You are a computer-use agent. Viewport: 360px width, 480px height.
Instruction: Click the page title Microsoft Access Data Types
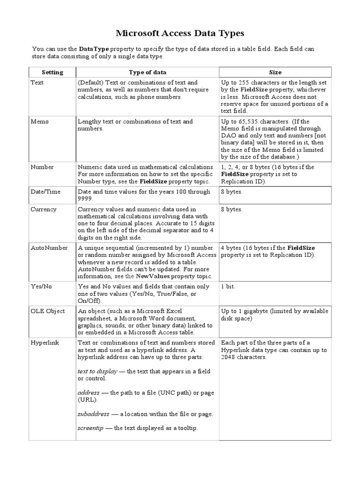click(180, 34)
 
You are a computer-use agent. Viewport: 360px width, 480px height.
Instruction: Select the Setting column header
click(52, 72)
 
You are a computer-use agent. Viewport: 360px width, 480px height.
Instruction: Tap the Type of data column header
click(147, 72)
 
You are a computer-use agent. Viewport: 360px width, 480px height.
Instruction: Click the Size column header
click(275, 72)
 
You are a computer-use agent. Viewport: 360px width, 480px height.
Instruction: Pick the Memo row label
click(39, 121)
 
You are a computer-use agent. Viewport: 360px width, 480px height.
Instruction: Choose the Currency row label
click(43, 210)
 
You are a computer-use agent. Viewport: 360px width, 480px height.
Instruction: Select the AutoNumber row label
click(49, 248)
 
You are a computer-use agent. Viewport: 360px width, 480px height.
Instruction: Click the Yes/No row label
click(41, 286)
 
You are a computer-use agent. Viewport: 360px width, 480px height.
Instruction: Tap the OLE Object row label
click(47, 311)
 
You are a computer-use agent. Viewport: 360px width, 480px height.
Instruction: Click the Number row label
click(42, 167)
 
